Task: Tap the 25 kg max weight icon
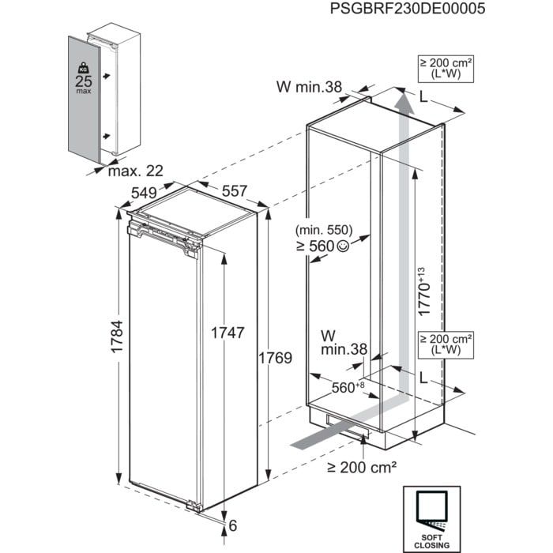point(81,77)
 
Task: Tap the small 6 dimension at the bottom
point(234,524)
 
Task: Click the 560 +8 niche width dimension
point(348,387)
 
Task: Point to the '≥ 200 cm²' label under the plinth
point(364,467)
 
